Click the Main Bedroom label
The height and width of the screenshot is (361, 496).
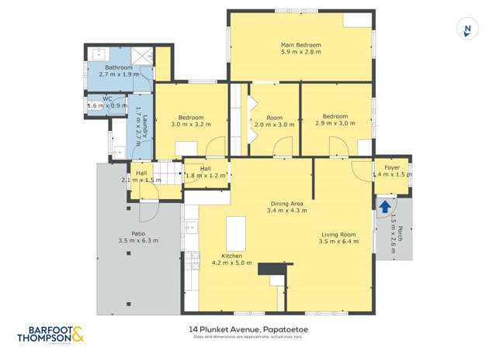pyautogui.click(x=300, y=45)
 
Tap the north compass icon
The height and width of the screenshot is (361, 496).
pyautogui.click(x=467, y=30)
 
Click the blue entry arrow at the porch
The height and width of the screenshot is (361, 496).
pyautogui.click(x=385, y=205)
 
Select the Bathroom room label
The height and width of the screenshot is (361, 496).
pyautogui.click(x=119, y=68)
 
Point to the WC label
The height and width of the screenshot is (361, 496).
pyautogui.click(x=109, y=98)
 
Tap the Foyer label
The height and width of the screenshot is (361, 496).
pyautogui.click(x=392, y=167)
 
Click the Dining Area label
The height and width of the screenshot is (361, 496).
pyautogui.click(x=286, y=203)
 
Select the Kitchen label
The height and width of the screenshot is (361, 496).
pyautogui.click(x=232, y=256)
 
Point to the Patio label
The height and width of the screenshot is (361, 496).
pyautogui.click(x=139, y=232)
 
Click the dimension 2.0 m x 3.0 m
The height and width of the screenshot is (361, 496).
pyautogui.click(x=275, y=124)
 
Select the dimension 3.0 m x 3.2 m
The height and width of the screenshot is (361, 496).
pyautogui.click(x=191, y=124)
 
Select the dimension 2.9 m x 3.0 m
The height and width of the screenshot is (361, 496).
pyautogui.click(x=335, y=124)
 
